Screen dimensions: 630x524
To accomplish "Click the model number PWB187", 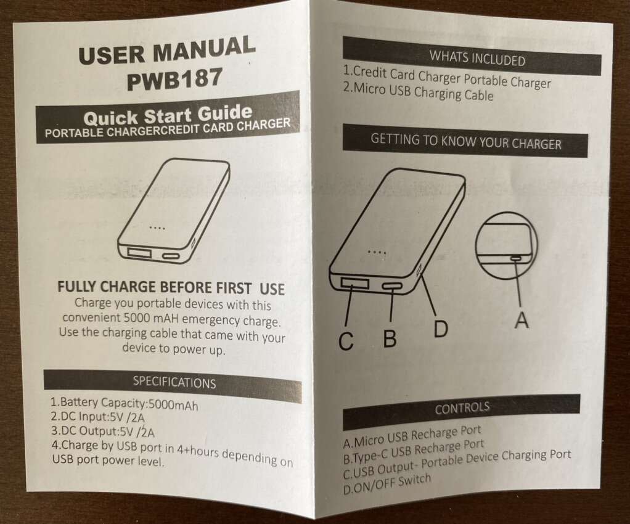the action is click(x=174, y=79).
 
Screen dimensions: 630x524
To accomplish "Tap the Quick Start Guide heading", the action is click(x=168, y=115).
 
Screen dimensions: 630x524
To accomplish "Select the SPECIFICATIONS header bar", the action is click(x=173, y=385).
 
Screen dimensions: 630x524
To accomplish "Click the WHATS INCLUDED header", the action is click(x=472, y=56).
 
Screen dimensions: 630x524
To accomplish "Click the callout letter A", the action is click(x=522, y=320).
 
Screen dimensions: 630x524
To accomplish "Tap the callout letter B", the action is click(x=390, y=338).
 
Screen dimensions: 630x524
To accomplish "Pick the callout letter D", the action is click(x=441, y=329).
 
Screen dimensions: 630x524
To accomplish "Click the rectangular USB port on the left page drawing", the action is click(x=140, y=253).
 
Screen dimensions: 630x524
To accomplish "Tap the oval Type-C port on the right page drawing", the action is click(x=392, y=287).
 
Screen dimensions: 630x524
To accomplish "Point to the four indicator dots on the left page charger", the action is click(x=157, y=228).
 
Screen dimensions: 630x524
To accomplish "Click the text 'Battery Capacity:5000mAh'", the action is click(x=124, y=403).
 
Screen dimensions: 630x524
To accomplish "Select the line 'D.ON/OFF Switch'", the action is click(x=387, y=483).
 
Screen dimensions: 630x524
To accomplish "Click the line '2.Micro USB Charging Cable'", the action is click(x=418, y=92).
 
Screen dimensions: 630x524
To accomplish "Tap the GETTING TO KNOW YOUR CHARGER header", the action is click(x=465, y=141).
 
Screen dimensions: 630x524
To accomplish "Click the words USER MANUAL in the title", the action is click(x=166, y=50).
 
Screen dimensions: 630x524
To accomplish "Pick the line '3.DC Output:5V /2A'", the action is click(x=102, y=431).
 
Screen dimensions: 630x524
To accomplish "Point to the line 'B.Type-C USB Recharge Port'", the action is click(x=414, y=451).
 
